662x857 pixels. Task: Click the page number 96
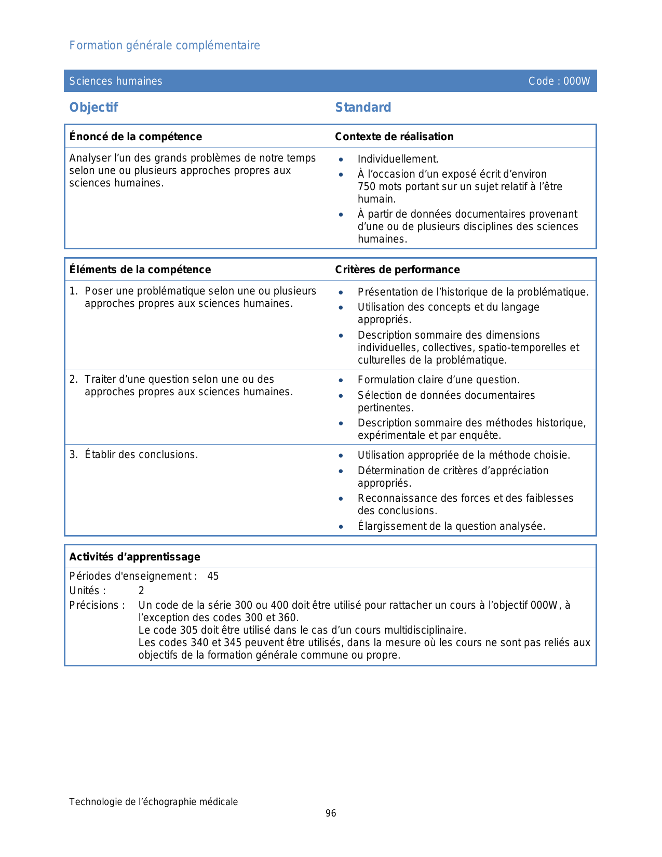331,813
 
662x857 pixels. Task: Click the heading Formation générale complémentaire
165,46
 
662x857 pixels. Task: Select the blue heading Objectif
94,108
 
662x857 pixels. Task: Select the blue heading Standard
363,108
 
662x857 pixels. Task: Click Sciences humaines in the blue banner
116,81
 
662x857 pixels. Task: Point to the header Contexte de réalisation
394,137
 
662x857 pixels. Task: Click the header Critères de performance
397,270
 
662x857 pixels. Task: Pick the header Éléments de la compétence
140,270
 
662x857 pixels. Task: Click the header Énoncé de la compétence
136,137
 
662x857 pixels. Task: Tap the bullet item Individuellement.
398,159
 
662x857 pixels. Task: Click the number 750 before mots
366,186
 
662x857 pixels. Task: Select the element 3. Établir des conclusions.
134,454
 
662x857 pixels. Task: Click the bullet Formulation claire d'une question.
438,380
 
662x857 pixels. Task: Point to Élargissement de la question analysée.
451,526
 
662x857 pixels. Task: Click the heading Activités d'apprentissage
134,557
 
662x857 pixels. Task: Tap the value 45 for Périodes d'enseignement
213,576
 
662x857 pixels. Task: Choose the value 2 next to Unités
141,591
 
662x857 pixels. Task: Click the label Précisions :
97,605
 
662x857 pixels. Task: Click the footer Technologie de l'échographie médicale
154,802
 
